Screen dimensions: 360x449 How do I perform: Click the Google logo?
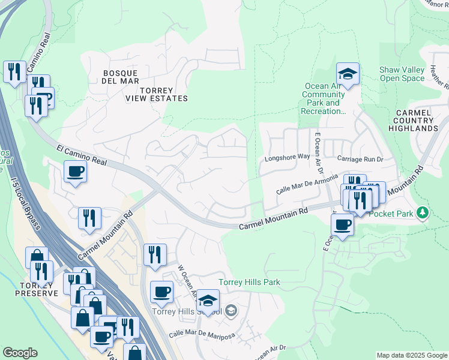pos(20,353)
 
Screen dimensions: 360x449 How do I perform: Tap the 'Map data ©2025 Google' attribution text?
pos(412,355)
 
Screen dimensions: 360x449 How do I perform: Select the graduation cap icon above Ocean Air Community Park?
pos(348,74)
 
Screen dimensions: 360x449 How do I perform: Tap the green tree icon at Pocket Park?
pos(423,212)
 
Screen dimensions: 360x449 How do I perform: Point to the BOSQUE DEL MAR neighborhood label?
pos(121,77)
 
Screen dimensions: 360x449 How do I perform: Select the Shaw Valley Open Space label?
pos(402,74)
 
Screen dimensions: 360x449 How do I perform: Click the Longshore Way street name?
pos(287,159)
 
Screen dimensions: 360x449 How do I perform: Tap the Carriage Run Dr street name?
pos(360,159)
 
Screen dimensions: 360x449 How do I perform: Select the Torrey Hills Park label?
pos(249,282)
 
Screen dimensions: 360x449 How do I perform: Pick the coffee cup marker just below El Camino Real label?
pos(76,172)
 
